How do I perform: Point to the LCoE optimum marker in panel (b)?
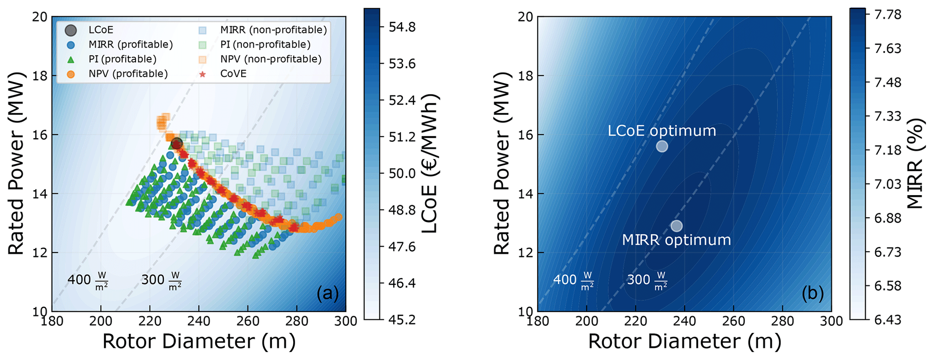(x=662, y=146)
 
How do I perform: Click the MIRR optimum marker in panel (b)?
(x=676, y=226)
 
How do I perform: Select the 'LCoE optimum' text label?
(x=662, y=131)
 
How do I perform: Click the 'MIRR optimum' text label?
(x=676, y=240)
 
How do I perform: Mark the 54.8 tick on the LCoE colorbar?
(x=402, y=28)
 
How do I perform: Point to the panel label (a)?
(x=328, y=294)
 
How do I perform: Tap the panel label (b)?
(x=813, y=294)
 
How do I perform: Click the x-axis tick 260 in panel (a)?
(x=248, y=321)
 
